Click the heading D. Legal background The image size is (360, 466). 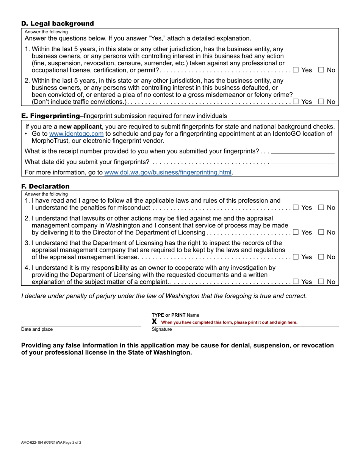click(58, 23)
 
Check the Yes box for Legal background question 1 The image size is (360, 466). click(296, 70)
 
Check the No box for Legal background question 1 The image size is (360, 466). click(321, 70)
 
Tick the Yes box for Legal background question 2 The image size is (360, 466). click(296, 101)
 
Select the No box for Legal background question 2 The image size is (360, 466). click(321, 101)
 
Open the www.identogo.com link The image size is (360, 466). click(76, 133)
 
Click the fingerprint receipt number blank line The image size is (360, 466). click(303, 152)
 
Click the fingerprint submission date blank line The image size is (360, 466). click(303, 162)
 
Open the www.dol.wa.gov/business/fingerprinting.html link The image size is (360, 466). click(168, 172)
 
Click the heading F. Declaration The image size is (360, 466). click(45, 186)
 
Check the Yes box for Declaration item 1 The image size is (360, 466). click(296, 207)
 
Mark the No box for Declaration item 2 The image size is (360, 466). click(321, 232)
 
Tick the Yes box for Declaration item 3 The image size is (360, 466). click(296, 257)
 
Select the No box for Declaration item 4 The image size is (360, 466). click(321, 281)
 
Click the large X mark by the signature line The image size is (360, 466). click(154, 322)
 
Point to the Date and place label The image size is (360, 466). click(37, 329)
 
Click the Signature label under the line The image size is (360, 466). click(162, 329)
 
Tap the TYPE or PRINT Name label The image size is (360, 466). click(175, 315)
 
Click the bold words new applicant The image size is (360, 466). click(80, 127)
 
